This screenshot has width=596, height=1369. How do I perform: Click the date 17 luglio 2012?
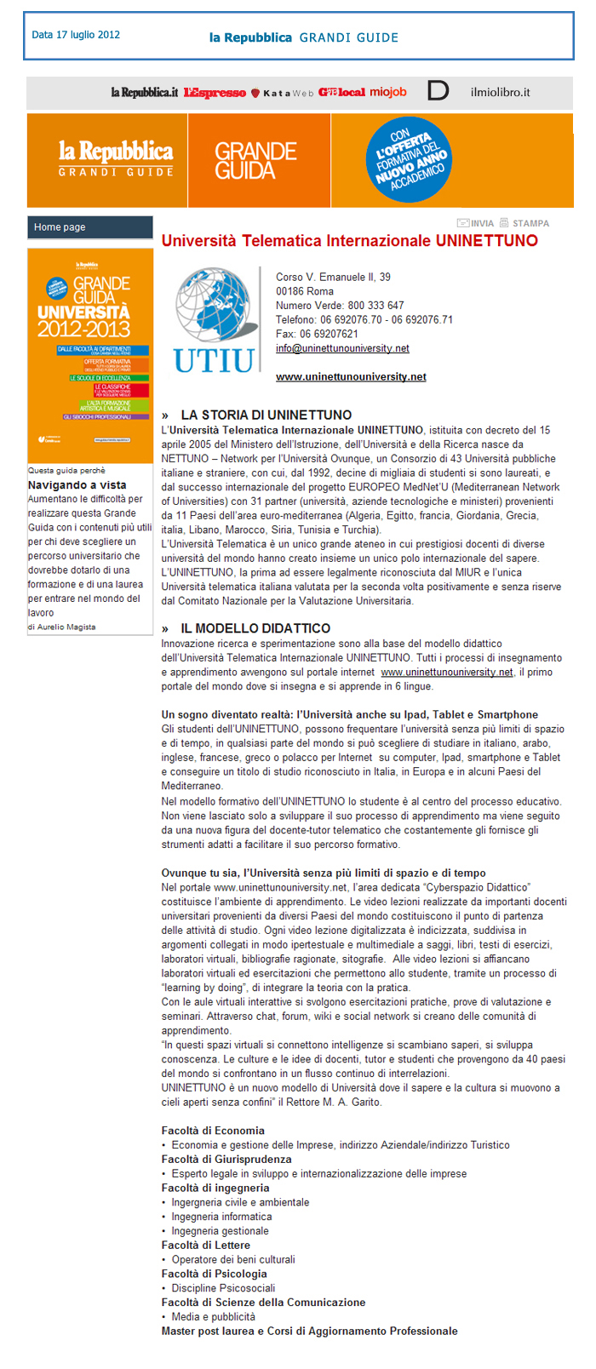tap(76, 35)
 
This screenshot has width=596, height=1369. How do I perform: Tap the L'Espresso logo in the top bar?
tap(215, 93)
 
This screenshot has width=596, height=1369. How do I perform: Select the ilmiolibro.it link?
tap(500, 92)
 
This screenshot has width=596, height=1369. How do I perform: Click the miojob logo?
tap(388, 92)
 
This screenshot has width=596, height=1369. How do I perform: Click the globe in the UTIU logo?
tap(216, 303)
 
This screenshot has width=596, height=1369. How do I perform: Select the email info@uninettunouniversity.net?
tap(342, 348)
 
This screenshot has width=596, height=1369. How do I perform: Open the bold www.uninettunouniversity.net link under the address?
tap(351, 376)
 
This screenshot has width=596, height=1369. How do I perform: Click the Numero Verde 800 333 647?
tap(340, 305)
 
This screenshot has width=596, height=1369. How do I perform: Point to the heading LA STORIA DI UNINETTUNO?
tap(266, 415)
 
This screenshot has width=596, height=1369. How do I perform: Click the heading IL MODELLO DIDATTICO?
tap(255, 628)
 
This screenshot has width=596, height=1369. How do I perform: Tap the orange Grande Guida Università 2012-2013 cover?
tap(90, 356)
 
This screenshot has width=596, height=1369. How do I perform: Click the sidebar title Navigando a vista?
tap(77, 484)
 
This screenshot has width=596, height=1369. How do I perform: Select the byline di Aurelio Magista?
tap(61, 627)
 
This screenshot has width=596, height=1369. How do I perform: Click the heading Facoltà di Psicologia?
tap(215, 1274)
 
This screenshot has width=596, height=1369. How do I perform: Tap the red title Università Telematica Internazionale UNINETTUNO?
tap(350, 241)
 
